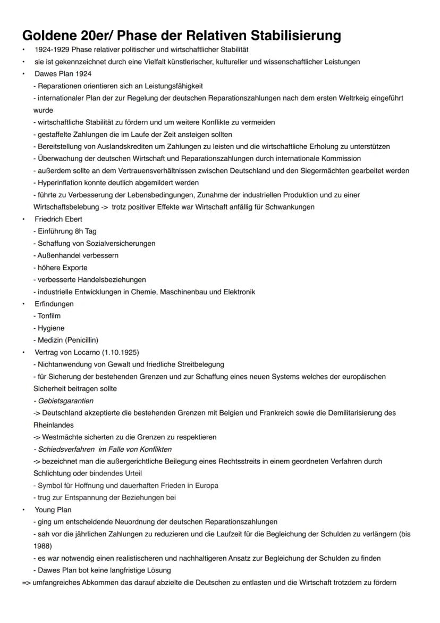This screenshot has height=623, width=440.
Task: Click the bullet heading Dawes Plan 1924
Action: pos(63,73)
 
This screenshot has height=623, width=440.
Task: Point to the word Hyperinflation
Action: pos(58,182)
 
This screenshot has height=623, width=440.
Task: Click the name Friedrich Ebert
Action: pos(58,219)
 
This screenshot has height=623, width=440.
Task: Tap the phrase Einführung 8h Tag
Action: pos(66,231)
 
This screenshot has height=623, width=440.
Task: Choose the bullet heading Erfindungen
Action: pos(54,304)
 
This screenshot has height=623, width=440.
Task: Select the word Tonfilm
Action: pos(49,316)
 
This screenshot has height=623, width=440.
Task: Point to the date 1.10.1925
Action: pos(121,352)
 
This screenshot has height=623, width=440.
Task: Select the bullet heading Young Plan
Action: pos(53,510)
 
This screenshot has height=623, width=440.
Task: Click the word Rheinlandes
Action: pos(53,425)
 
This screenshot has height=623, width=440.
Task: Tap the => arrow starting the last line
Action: pos(27,582)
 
